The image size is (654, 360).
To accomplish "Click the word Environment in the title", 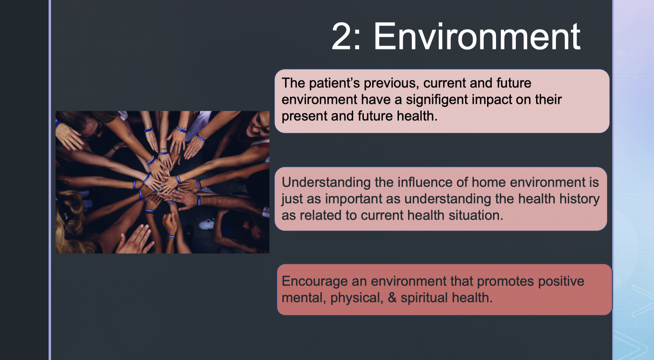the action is click(x=477, y=37).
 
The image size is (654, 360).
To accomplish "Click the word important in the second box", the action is click(x=354, y=199).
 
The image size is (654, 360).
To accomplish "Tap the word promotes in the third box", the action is click(x=505, y=281).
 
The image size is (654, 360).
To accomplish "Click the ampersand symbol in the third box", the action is click(x=392, y=298).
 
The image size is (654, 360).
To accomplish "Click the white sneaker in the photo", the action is click(x=207, y=224).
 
